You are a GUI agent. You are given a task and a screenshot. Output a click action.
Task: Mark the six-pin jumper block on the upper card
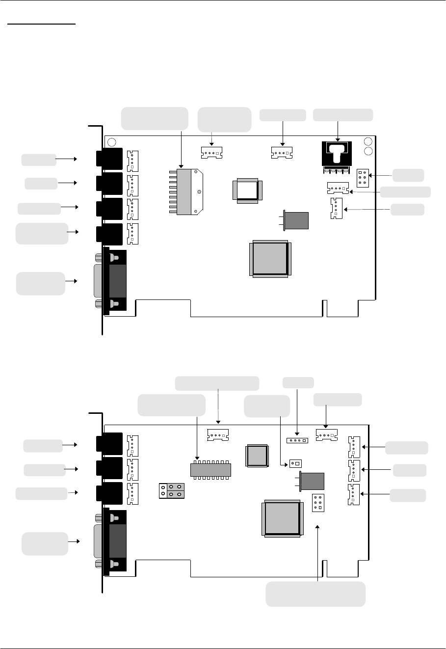(x=363, y=178)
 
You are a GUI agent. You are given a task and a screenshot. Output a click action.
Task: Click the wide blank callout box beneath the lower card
(x=315, y=594)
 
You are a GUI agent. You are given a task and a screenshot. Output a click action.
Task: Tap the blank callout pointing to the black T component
(x=343, y=115)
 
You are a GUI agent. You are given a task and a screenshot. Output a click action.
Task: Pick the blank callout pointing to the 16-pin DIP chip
(x=171, y=404)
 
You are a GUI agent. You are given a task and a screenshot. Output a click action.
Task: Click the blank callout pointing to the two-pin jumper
(x=266, y=406)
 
